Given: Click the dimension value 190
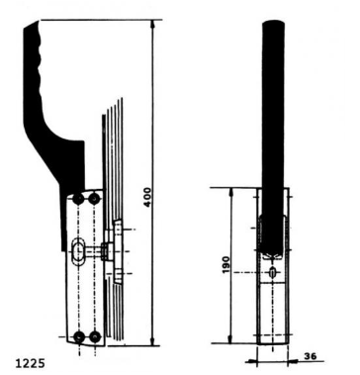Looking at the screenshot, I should click(225, 266).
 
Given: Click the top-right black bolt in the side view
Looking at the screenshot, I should click(95, 200).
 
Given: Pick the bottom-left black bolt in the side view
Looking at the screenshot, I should click(79, 337).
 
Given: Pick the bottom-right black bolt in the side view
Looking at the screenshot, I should click(95, 337).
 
